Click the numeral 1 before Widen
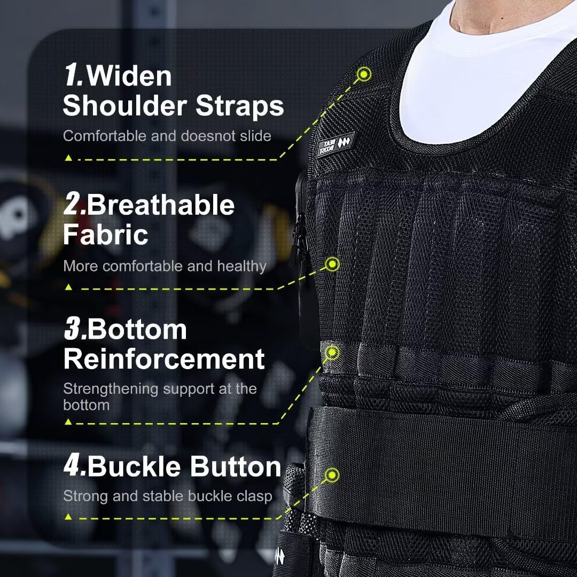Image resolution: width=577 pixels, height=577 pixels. point(73,76)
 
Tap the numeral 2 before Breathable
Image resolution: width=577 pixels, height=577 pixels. point(74,205)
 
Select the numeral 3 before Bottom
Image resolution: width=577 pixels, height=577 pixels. point(74,330)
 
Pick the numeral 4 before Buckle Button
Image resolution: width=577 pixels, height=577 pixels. point(74,466)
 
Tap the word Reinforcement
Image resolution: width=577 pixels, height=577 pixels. point(164,358)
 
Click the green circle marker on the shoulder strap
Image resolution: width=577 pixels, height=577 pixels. point(364,74)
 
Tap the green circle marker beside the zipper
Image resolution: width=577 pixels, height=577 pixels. point(333,264)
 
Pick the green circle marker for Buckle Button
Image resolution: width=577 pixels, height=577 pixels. point(333,474)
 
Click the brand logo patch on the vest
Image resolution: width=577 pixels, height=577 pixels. point(336,144)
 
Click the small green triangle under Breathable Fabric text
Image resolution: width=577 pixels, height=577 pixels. point(68,287)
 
